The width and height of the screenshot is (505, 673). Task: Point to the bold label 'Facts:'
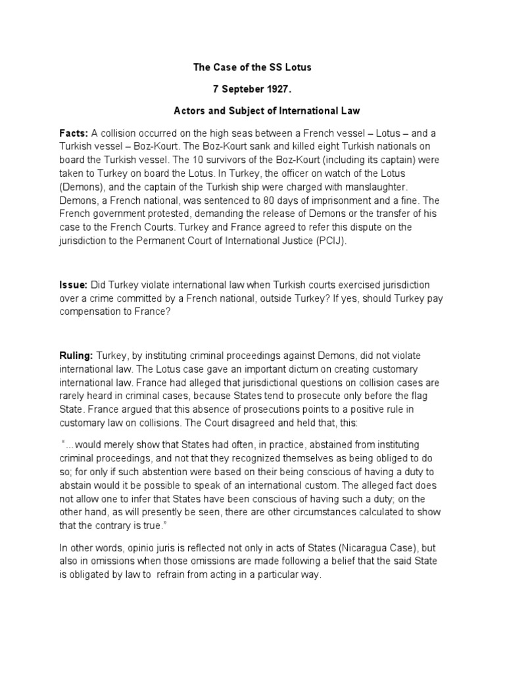click(x=74, y=133)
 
